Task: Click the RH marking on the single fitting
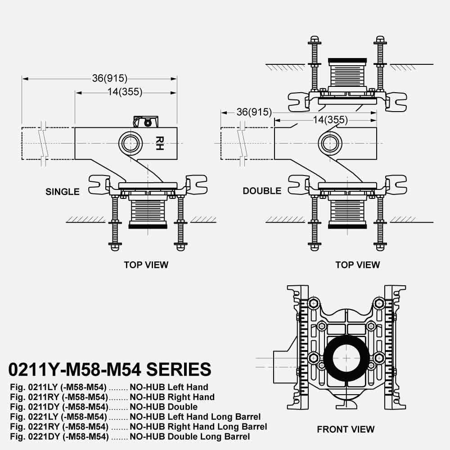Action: coord(159,143)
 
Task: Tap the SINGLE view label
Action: coord(63,192)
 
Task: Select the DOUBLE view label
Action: coord(262,191)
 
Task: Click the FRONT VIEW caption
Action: coord(346,429)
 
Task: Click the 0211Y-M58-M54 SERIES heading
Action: coord(110,369)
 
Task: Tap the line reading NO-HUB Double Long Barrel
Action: coord(190,436)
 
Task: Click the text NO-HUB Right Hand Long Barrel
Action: coord(198,427)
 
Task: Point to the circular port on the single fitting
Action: coord(131,143)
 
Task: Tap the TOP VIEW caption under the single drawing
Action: coord(146,265)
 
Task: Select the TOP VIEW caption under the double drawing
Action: coord(358,265)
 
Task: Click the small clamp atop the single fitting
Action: coord(146,121)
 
